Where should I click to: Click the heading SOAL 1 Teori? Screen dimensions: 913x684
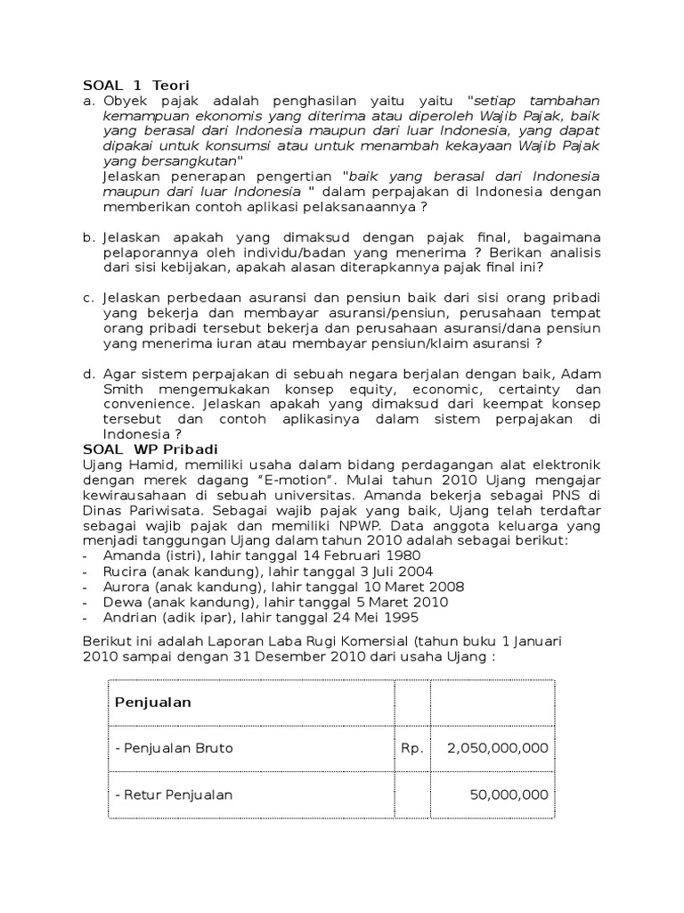click(136, 85)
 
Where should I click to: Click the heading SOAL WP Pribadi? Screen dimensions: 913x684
click(151, 448)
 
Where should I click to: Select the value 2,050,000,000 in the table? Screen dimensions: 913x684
click(498, 748)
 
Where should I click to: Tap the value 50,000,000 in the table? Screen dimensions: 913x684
click(509, 794)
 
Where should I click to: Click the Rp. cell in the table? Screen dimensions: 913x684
click(412, 748)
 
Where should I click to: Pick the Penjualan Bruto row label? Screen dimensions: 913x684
click(174, 748)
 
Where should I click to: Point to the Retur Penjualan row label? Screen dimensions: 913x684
click(174, 794)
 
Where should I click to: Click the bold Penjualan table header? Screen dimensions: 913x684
click(153, 702)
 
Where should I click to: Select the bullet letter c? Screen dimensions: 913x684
click(87, 297)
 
